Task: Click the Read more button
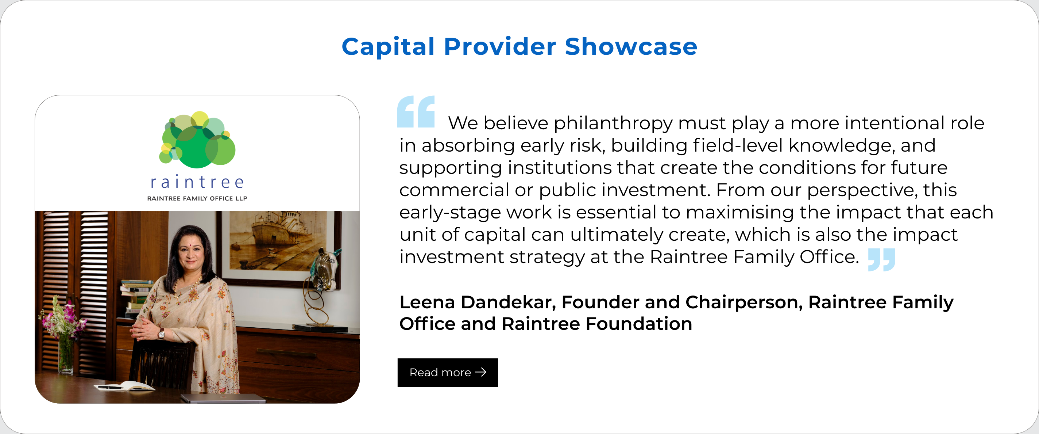point(447,372)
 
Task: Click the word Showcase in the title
point(631,46)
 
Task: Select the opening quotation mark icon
point(416,111)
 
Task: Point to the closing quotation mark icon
point(882,260)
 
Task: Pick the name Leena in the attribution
point(427,302)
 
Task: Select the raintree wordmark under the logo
point(197,182)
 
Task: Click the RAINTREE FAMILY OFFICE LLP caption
point(197,198)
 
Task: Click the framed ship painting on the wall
point(278,246)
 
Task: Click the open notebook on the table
point(125,387)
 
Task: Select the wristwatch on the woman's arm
point(161,333)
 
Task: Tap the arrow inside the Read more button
point(481,372)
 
